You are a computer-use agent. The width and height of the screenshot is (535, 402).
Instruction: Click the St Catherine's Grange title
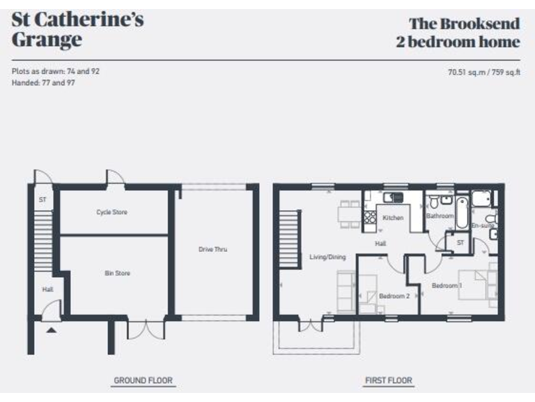77,29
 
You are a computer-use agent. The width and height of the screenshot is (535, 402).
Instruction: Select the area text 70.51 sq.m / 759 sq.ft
483,71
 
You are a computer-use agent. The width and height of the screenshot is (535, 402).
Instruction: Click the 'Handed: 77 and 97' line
43,82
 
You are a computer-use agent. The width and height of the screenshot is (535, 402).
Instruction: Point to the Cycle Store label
112,212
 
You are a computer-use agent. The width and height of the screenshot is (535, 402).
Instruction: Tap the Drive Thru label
213,249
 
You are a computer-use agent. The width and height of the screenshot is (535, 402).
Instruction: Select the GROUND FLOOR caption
143,380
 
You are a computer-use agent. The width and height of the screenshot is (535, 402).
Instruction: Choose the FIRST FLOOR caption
388,380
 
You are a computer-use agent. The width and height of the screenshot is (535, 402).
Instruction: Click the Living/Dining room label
327,257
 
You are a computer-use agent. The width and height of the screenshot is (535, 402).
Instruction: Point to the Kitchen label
393,218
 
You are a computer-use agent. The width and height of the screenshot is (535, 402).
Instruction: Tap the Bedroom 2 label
394,296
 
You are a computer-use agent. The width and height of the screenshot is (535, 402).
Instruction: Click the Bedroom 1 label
447,286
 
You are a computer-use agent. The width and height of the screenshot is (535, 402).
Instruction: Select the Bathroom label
440,216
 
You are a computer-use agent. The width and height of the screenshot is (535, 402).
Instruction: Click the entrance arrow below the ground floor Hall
51,329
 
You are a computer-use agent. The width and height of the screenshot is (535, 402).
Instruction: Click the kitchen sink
394,198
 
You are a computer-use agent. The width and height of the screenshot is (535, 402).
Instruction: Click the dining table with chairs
349,213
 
